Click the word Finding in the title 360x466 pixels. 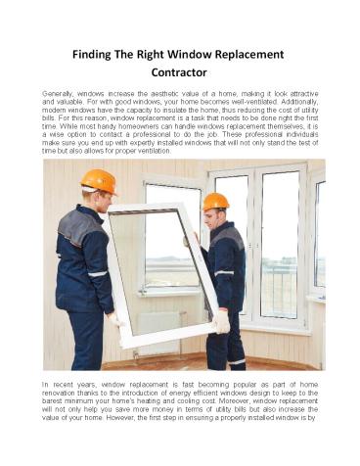(x=96, y=52)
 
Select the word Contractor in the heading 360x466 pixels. (x=180, y=71)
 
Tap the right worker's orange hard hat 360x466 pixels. (x=216, y=202)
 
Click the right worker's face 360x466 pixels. (x=212, y=216)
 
